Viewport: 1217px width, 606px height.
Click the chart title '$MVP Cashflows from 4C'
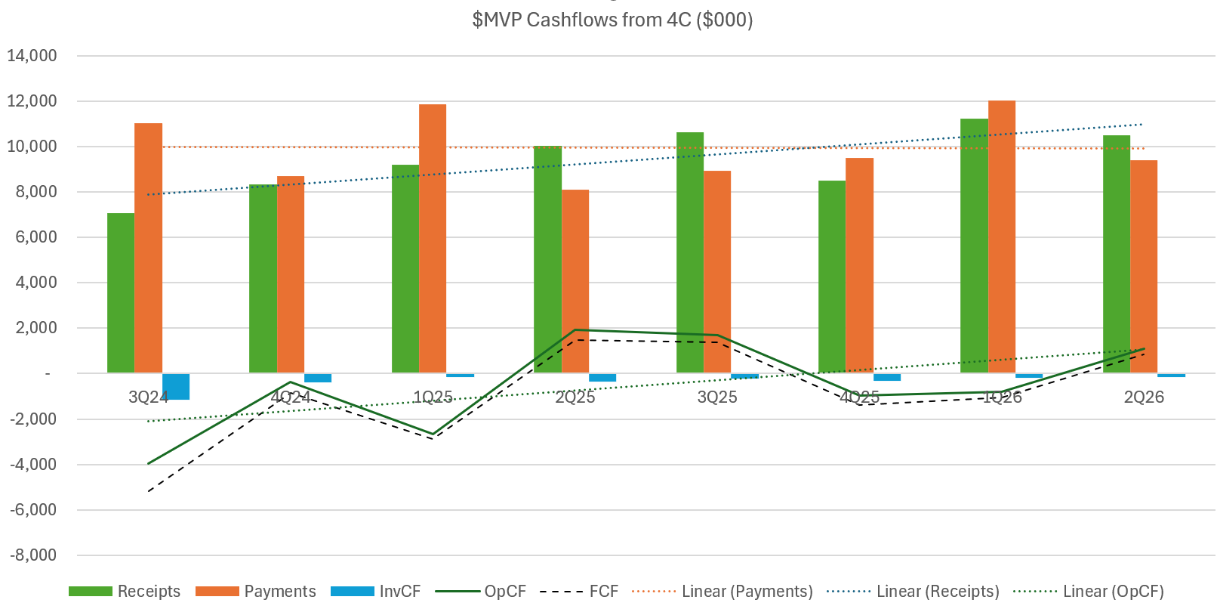[612, 20]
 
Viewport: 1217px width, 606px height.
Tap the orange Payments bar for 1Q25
[433, 238]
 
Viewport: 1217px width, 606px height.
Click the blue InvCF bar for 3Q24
[176, 386]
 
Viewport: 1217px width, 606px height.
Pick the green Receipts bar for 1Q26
[974, 246]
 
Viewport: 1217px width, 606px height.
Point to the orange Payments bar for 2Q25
[575, 281]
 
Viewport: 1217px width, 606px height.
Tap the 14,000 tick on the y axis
[32, 56]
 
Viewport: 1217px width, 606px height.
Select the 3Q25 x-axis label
[717, 397]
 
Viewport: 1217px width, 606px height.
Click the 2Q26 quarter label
[1144, 397]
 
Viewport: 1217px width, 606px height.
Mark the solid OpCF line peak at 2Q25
[575, 329]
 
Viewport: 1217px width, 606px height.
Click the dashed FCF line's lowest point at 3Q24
[149, 492]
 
